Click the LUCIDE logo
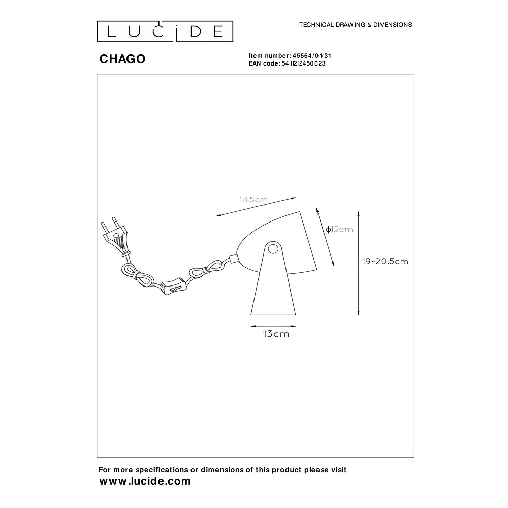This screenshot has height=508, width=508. (x=165, y=31)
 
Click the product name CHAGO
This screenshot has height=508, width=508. (x=122, y=59)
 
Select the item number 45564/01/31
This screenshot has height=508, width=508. (x=312, y=56)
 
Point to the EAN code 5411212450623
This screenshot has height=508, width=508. (x=303, y=63)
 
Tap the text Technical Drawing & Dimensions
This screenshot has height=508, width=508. (x=356, y=25)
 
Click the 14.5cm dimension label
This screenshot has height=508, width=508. (x=253, y=200)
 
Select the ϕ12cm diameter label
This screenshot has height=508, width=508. (x=339, y=230)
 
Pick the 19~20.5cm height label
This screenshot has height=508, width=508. (x=385, y=261)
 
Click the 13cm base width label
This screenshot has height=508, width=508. (x=276, y=334)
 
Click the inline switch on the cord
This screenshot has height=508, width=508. (x=174, y=285)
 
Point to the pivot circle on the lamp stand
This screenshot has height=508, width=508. (x=273, y=249)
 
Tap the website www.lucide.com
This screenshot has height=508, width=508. (x=145, y=481)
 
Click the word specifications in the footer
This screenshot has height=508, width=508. (x=162, y=470)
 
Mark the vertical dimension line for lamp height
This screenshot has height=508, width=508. (x=358, y=263)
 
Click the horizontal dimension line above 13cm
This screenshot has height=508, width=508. (x=273, y=326)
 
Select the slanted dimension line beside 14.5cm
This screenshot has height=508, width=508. (x=256, y=207)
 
